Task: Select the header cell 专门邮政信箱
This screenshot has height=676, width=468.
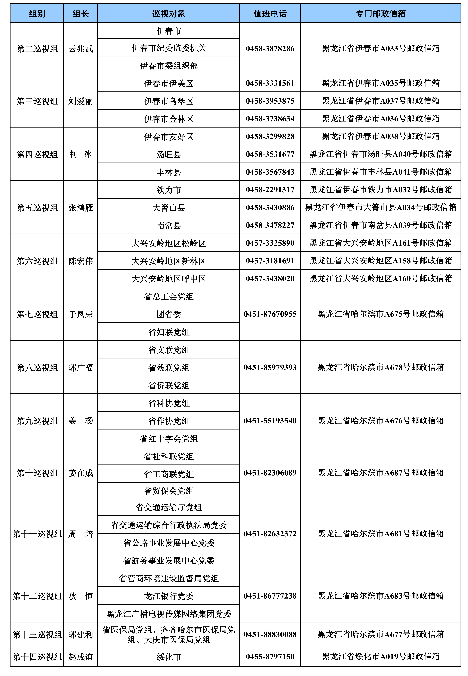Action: coord(380,13)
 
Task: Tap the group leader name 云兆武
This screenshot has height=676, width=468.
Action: coord(81,48)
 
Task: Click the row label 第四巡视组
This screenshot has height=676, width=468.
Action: coord(37,154)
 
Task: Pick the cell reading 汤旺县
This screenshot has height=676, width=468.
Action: coord(169,154)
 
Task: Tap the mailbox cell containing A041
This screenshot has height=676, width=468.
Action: coord(380,172)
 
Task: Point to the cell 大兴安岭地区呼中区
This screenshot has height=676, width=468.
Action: coord(169,278)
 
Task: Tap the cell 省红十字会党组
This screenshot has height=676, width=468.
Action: coord(169,438)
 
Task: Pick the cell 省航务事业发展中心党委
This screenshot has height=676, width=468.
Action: coord(169,560)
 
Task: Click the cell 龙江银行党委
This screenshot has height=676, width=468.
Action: coord(169,596)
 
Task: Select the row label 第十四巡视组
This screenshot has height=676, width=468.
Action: coord(37,657)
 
